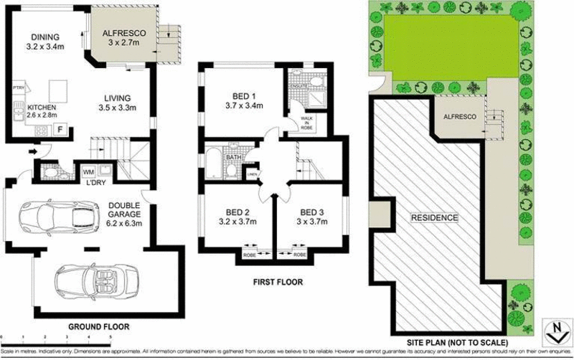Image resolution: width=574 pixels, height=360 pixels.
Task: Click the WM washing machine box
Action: [x=89, y=172]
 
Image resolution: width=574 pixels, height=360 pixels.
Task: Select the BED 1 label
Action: [x=245, y=95]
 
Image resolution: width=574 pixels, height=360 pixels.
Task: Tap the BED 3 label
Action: [x=309, y=212]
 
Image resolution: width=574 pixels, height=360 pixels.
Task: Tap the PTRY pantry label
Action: [x=19, y=88]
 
